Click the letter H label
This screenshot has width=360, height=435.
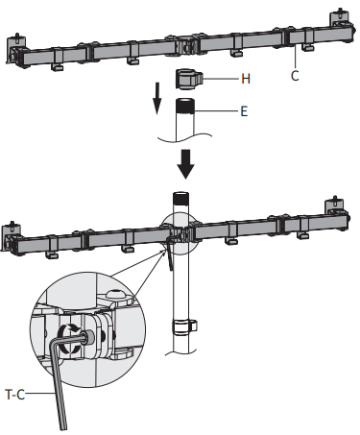coord(246,77)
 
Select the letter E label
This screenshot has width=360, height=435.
coord(244,110)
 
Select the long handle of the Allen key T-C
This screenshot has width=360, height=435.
coord(60,384)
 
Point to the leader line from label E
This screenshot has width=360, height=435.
coord(216,110)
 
